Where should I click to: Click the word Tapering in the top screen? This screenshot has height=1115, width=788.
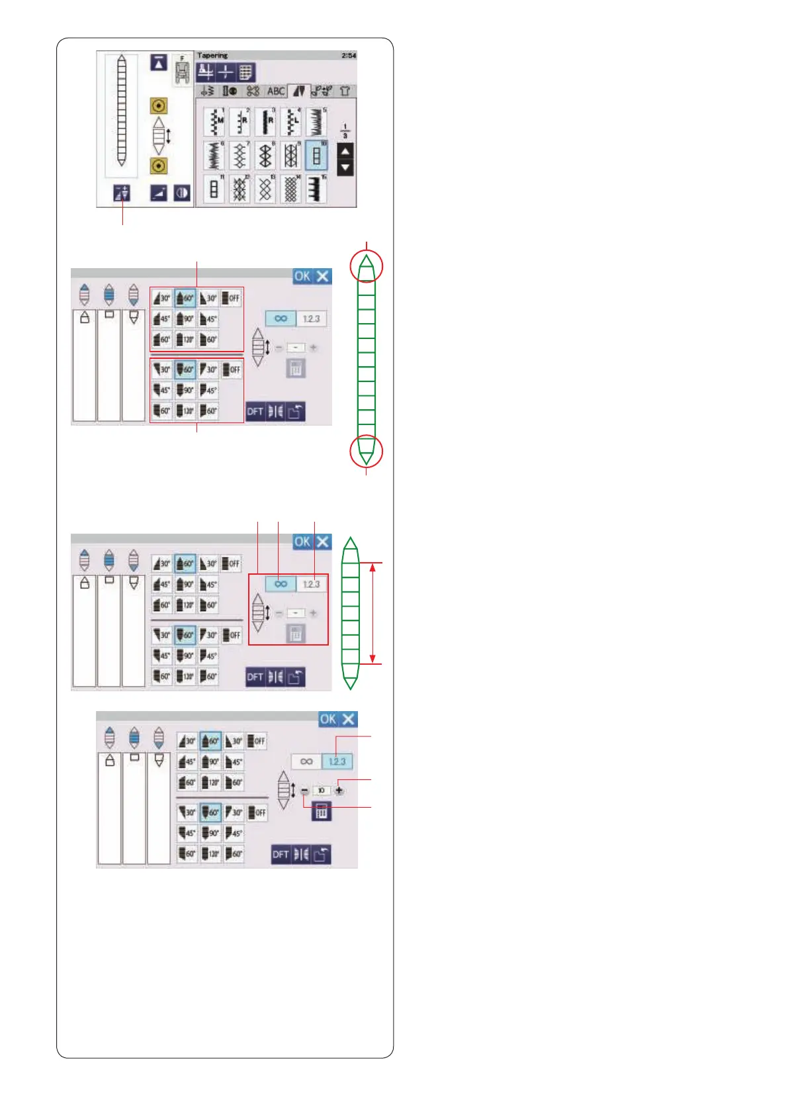click(212, 56)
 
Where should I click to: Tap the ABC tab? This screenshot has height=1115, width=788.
click(276, 91)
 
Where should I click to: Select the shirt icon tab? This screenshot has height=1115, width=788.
click(345, 91)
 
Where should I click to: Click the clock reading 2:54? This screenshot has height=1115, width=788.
click(349, 56)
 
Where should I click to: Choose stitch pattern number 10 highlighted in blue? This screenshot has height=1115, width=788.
click(316, 156)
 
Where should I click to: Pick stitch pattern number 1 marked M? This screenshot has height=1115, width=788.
click(214, 121)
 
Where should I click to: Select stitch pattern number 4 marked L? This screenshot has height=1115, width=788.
click(290, 121)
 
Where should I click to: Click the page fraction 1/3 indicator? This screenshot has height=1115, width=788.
click(345, 130)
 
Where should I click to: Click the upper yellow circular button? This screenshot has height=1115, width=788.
click(159, 105)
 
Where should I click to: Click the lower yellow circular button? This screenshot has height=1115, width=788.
click(159, 166)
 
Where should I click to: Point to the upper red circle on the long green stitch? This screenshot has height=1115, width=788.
click(367, 266)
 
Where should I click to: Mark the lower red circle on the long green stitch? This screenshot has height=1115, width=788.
click(367, 452)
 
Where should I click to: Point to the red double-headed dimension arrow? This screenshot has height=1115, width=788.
click(373, 612)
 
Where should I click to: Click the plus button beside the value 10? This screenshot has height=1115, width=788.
click(339, 790)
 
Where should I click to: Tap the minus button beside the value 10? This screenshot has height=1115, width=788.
click(304, 791)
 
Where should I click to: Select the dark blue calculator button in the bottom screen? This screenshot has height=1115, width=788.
click(321, 811)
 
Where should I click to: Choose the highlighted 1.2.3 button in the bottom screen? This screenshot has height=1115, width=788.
click(337, 761)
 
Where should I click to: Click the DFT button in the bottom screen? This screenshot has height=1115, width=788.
click(281, 854)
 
